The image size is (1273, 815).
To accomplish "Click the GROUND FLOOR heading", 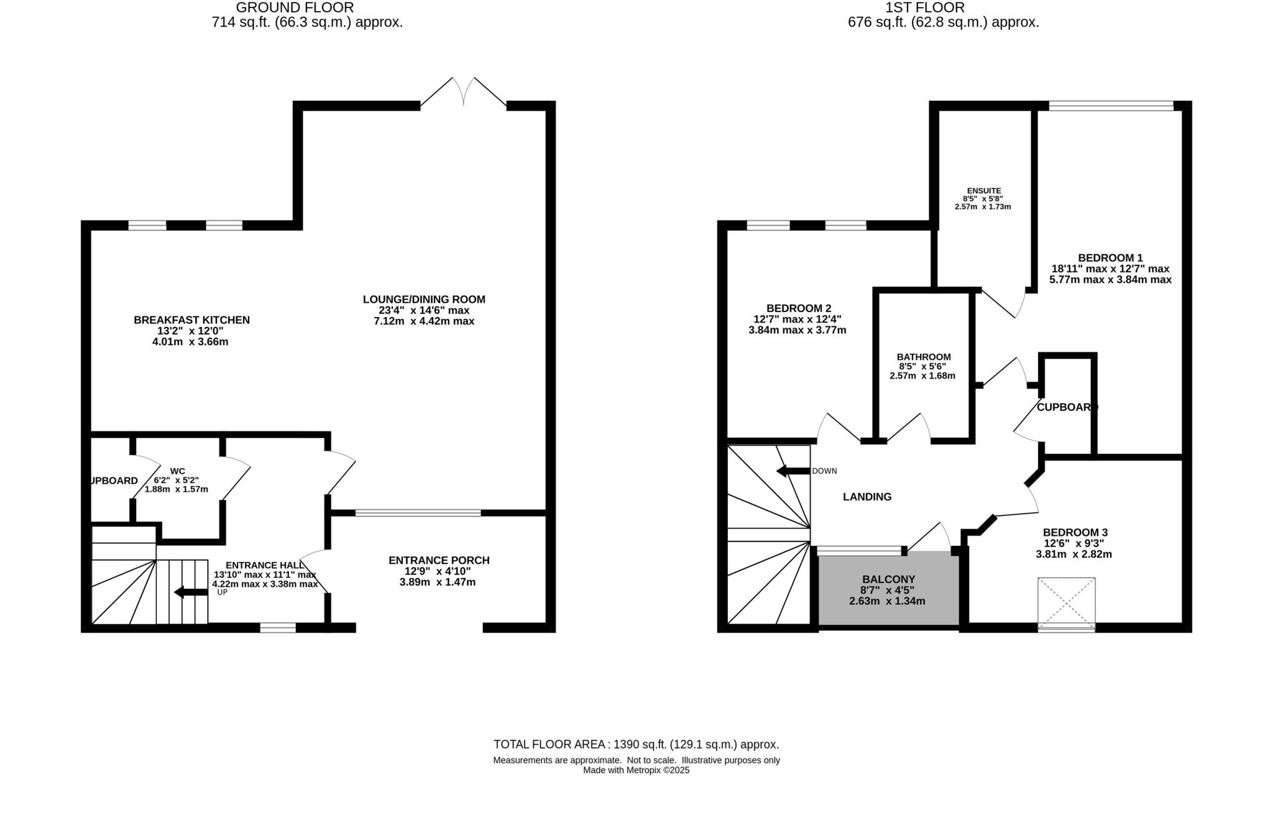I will pos(295,8).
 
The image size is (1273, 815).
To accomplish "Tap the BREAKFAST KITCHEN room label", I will pos(191,320).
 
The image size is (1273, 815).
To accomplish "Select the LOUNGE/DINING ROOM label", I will pos(424,300).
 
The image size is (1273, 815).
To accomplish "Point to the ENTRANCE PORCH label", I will pos(439,561).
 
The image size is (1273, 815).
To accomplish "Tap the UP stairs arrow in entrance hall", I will pos(191,592).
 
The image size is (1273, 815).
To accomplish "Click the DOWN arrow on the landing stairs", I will pos(793,471).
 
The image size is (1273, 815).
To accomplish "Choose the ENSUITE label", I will pos(984,191).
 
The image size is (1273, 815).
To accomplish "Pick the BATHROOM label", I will pos(923,357).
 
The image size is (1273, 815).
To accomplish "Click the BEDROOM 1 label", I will pos(1110,258).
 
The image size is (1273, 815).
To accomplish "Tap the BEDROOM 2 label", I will pos(798,308).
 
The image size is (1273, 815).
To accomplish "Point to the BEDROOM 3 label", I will pos(1075,533).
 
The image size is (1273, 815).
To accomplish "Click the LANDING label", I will pos(866,497).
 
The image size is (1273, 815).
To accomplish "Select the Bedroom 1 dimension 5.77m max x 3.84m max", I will pos(1110,280).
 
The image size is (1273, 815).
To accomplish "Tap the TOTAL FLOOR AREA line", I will pos(636,744).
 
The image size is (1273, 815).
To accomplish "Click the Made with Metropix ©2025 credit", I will pos(636,770).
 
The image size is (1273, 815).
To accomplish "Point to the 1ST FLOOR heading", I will pos(925,8).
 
